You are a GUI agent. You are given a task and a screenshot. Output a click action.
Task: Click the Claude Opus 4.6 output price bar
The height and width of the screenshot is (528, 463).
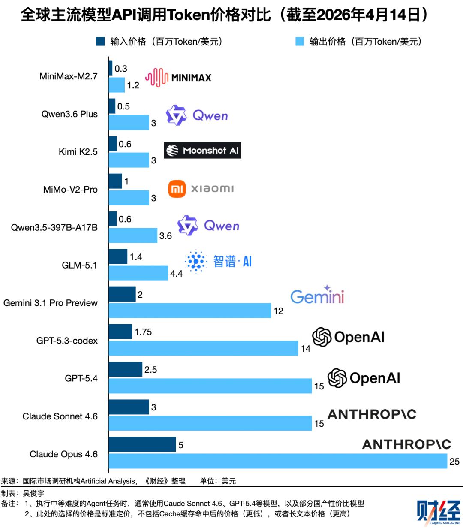(x=278, y=462)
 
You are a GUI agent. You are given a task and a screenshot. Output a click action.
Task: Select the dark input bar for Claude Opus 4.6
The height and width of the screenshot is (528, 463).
(x=142, y=444)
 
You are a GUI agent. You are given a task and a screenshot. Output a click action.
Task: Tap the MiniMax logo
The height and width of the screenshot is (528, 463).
(x=178, y=78)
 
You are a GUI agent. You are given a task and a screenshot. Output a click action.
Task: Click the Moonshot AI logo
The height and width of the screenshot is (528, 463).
(x=202, y=150)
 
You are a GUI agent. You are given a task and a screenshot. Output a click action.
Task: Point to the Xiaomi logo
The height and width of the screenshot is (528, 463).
(x=201, y=189)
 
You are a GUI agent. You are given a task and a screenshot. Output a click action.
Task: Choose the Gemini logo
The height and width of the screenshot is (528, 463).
(x=317, y=295)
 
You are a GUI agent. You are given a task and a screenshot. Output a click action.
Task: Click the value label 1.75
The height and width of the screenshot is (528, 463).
(x=143, y=332)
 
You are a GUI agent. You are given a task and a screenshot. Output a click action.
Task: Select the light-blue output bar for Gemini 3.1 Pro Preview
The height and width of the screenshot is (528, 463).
(x=190, y=311)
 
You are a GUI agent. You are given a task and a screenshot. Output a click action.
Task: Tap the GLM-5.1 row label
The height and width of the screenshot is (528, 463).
(x=80, y=265)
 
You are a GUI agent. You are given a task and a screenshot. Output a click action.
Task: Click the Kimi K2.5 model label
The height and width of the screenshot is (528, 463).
(x=78, y=152)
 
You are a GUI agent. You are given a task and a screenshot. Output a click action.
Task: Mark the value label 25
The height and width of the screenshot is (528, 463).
(x=454, y=462)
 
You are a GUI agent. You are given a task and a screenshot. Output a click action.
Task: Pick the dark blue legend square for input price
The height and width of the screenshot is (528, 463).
(x=100, y=42)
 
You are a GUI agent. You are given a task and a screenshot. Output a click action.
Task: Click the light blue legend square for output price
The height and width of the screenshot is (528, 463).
(x=300, y=42)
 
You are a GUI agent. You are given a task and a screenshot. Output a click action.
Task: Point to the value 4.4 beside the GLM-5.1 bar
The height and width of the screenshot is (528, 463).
(x=177, y=274)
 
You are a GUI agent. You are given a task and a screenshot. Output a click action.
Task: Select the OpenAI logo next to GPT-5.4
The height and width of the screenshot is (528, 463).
(x=364, y=378)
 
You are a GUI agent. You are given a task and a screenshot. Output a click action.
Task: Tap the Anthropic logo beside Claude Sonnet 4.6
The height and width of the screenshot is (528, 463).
(x=372, y=414)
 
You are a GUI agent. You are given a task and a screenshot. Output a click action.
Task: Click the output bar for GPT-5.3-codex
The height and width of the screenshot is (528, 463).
(x=203, y=348)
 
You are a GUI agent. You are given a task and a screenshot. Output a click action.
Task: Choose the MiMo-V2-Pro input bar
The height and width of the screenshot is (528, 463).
(x=115, y=181)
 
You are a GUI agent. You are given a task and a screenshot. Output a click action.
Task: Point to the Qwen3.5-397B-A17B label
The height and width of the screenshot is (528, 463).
(x=54, y=227)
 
